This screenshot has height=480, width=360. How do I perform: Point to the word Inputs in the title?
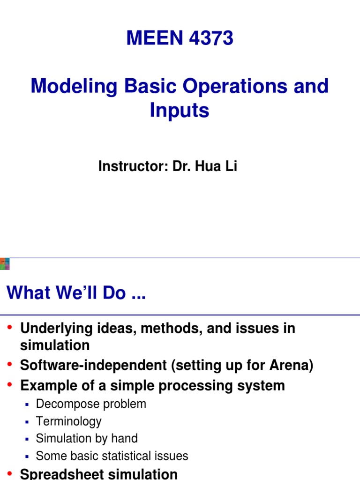pos(180,111)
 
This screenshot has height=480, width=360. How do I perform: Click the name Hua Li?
pos(222,166)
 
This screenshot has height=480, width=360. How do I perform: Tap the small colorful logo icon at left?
pos(5,264)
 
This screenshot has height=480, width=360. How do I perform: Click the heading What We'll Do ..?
pos(76,293)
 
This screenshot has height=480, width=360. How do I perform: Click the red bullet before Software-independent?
pos(11,365)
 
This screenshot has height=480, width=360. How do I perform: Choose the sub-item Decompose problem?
pos(91,404)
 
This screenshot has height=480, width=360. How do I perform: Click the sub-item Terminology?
pos(68,421)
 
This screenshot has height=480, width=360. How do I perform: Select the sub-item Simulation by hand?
pos(87,439)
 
